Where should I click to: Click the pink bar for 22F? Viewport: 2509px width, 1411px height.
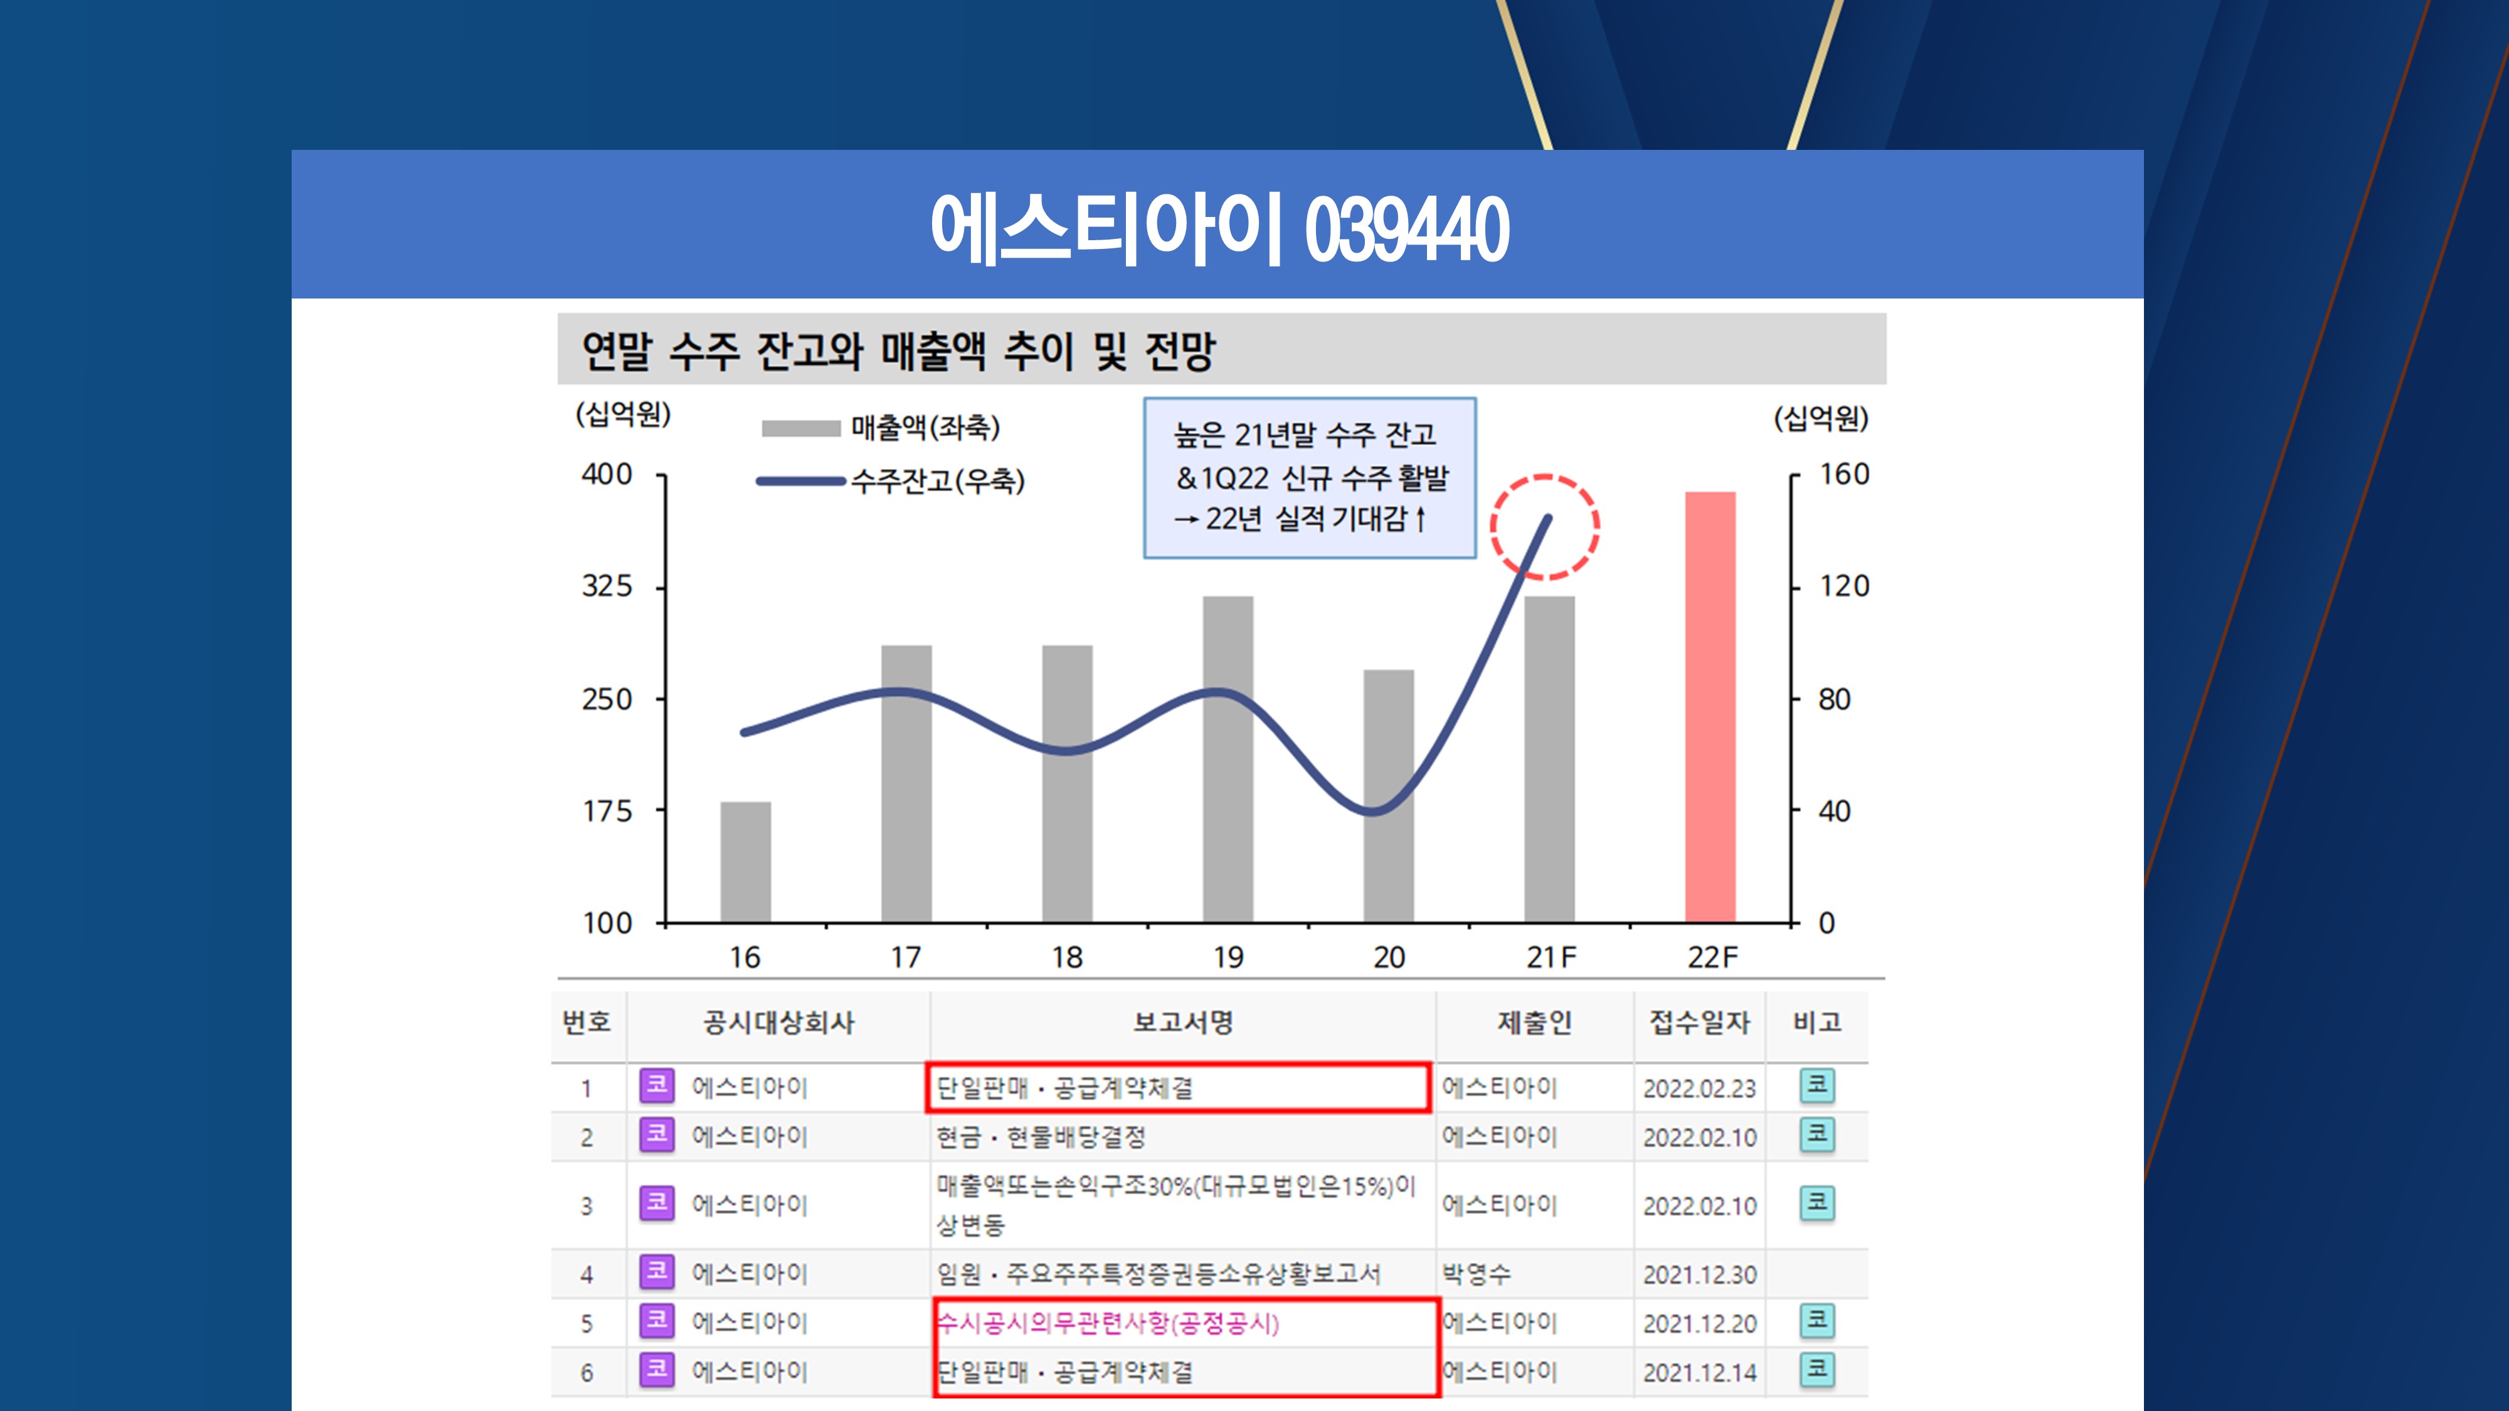[x=1711, y=706]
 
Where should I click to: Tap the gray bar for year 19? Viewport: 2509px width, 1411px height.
[x=1228, y=759]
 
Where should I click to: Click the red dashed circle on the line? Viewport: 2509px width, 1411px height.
[x=1545, y=527]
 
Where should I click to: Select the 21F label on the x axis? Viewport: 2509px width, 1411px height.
[x=1551, y=957]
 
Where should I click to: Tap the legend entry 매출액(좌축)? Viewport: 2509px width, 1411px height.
[x=925, y=428]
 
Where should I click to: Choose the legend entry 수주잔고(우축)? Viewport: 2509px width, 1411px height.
[x=937, y=480]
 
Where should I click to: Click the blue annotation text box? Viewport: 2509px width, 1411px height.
[x=1309, y=477]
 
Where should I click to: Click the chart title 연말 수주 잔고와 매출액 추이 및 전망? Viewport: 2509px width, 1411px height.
[x=898, y=351]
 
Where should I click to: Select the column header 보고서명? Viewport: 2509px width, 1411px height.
[x=1182, y=1022]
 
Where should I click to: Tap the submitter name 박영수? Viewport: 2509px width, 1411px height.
[x=1477, y=1274]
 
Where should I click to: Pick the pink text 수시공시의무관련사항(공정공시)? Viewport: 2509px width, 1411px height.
[x=1108, y=1323]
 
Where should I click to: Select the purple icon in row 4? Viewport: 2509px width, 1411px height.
[x=657, y=1272]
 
